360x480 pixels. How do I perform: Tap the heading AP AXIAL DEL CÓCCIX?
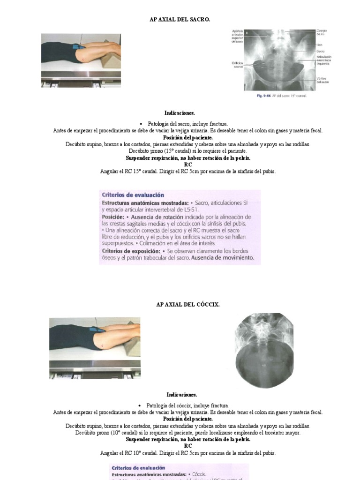click(187, 304)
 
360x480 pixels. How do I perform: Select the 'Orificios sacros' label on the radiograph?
click(237, 64)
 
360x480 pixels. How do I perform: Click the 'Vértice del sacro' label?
click(322, 80)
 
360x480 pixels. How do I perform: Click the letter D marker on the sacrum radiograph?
click(247, 32)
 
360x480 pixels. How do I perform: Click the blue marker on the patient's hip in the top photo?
click(79, 46)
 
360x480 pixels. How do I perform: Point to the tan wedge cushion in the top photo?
click(112, 59)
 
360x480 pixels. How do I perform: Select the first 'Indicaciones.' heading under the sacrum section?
click(180, 113)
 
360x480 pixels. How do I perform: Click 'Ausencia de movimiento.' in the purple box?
click(223, 257)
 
